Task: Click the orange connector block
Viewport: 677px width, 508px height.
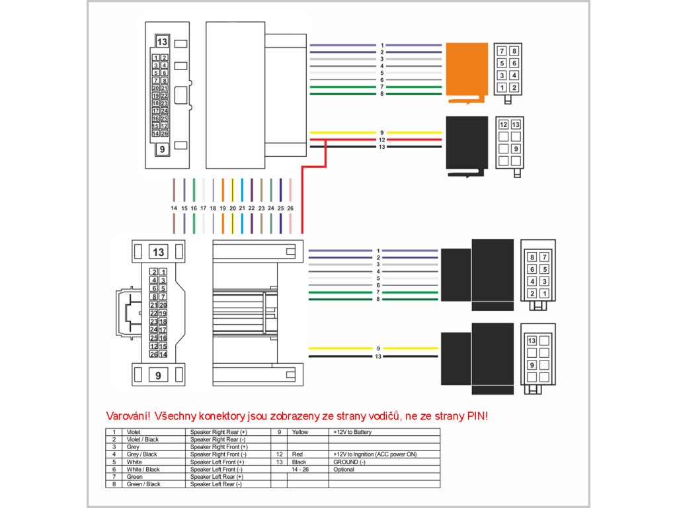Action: pyautogui.click(x=466, y=70)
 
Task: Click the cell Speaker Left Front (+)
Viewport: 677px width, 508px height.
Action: pyautogui.click(x=217, y=462)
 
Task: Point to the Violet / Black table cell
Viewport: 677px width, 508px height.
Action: pyautogui.click(x=142, y=439)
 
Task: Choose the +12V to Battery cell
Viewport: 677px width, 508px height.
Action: pyautogui.click(x=352, y=432)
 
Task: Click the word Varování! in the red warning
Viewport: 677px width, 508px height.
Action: pyautogui.click(x=128, y=417)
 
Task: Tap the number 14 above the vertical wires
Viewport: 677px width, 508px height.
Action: pyautogui.click(x=174, y=208)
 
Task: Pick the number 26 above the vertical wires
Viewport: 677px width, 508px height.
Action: pyautogui.click(x=290, y=208)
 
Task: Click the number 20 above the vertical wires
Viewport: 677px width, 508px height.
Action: pyautogui.click(x=232, y=208)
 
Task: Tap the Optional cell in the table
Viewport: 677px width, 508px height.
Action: pyautogui.click(x=344, y=469)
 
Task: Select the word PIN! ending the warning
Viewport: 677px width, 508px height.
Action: pyautogui.click(x=477, y=417)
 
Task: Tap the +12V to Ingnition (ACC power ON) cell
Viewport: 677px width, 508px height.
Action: pyautogui.click(x=375, y=454)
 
